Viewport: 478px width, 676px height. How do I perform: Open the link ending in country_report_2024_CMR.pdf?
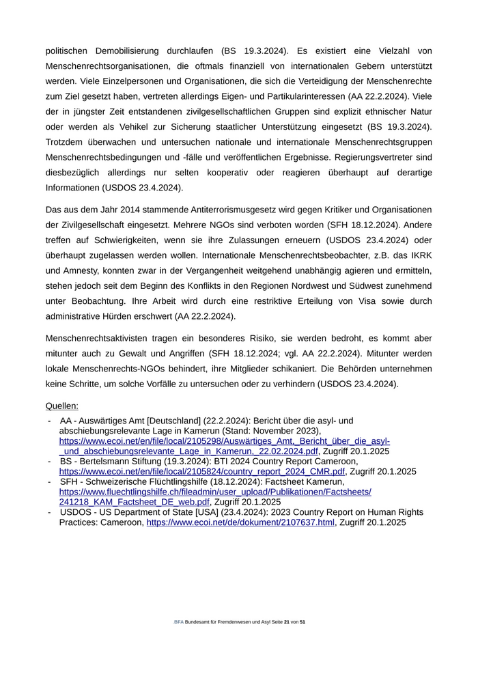(202, 471)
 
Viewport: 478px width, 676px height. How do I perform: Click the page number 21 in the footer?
(287, 623)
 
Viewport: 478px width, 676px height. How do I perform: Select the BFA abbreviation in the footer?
(179, 623)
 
